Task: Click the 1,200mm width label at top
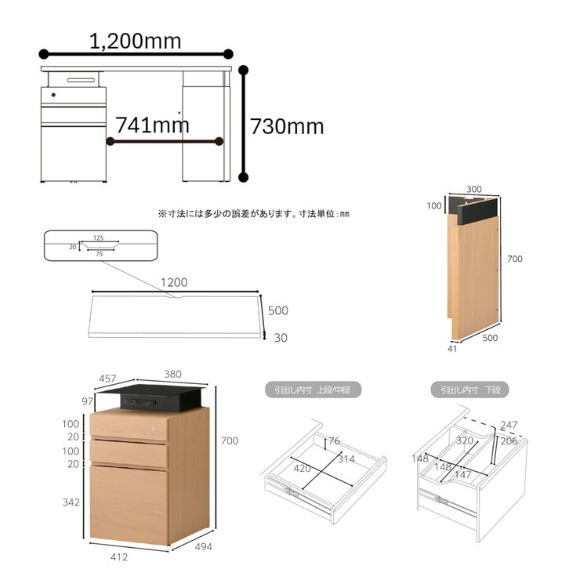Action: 135,41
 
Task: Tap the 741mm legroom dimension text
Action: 152,125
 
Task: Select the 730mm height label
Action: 287,126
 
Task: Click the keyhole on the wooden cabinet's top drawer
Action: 151,429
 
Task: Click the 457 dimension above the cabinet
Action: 107,379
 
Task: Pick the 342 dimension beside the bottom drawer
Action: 71,502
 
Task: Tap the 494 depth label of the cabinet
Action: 204,546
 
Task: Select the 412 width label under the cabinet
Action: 119,556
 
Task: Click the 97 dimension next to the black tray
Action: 87,401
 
